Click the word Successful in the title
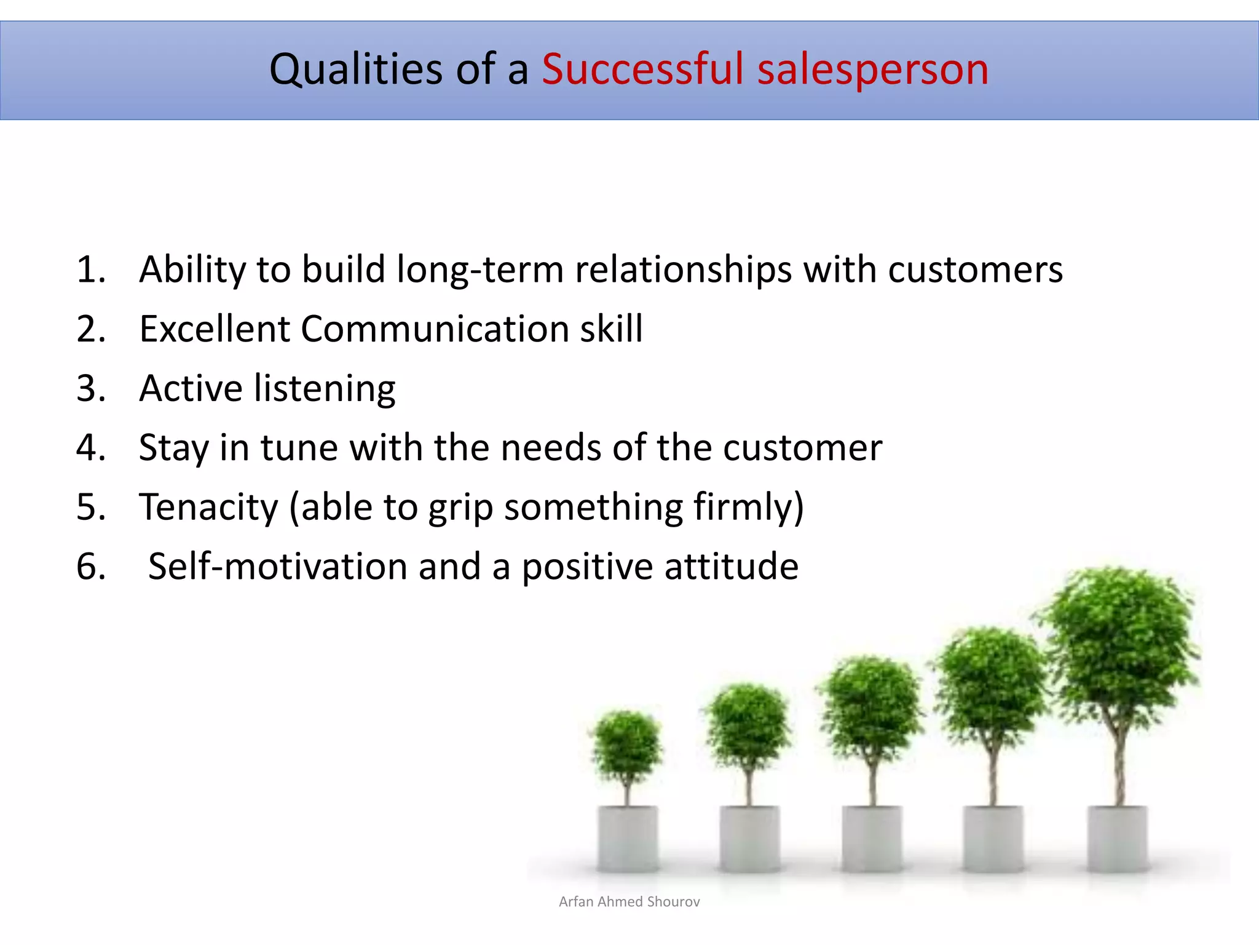point(642,69)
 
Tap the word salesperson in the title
point(873,70)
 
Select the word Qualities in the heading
point(355,69)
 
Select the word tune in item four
point(299,447)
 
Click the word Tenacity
point(209,507)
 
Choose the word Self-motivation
point(278,566)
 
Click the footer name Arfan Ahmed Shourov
point(629,901)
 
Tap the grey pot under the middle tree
point(872,838)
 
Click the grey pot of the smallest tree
point(627,838)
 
